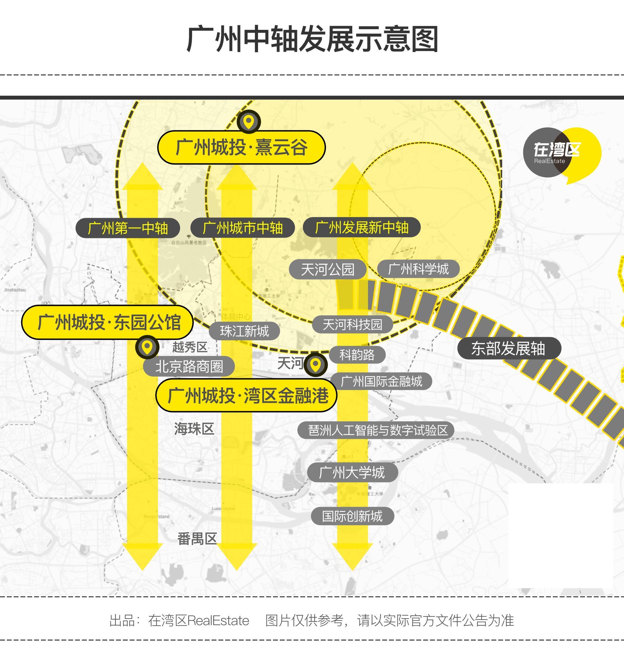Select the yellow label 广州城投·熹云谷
point(241,147)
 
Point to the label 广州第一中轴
point(128,228)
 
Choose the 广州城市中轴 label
point(242,228)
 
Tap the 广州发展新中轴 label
point(361,228)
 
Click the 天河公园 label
point(327,269)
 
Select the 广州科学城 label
point(418,269)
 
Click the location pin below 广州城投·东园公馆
point(147,347)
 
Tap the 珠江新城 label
point(244,331)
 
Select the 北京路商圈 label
point(189,367)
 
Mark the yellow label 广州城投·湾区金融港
point(246,396)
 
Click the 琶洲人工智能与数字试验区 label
point(375,430)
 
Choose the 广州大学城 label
point(352,472)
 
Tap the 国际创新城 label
point(352,516)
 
